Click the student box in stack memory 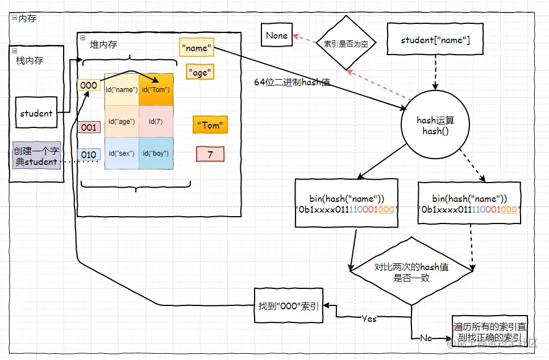(x=36, y=113)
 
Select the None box (x=276, y=35)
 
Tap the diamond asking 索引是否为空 (x=346, y=43)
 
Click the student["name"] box (x=435, y=40)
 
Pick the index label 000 (x=89, y=85)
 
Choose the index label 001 (x=89, y=127)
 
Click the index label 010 (x=89, y=154)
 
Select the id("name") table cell (x=122, y=89)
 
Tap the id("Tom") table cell (x=156, y=89)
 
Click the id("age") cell (x=122, y=121)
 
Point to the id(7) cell (x=156, y=121)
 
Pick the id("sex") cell (x=122, y=154)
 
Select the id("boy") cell (x=156, y=154)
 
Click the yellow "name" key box (x=197, y=48)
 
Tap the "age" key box (x=200, y=73)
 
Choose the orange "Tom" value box (x=210, y=125)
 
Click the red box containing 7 (x=210, y=154)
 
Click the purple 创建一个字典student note (x=36, y=156)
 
